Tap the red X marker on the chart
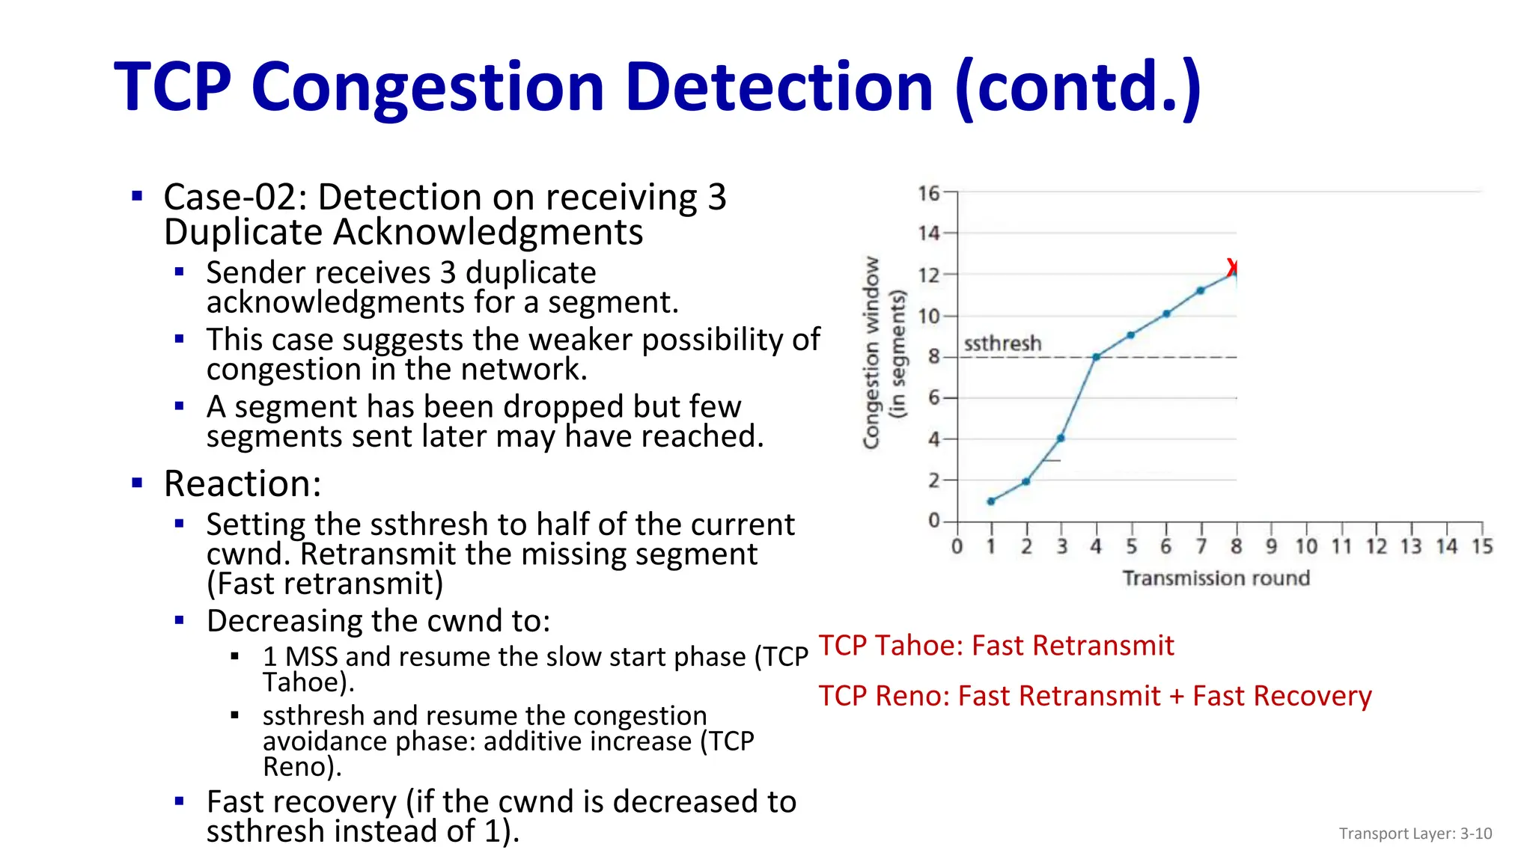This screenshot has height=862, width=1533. click(1232, 267)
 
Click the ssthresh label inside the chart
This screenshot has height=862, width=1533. click(1002, 343)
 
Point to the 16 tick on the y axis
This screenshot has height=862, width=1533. click(928, 194)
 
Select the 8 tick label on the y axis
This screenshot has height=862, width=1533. click(933, 357)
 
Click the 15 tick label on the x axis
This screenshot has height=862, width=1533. click(1481, 547)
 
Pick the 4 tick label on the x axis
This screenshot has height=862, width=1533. click(1096, 547)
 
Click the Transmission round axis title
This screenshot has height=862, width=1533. click(1216, 578)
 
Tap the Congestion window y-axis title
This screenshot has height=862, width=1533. click(871, 352)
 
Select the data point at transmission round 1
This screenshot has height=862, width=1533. click(991, 501)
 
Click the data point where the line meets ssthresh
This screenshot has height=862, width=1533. click(1096, 358)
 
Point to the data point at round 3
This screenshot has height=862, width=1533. click(1061, 438)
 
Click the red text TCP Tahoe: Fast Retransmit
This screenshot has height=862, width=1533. click(996, 645)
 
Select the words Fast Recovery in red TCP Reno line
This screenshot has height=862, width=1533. click(1281, 696)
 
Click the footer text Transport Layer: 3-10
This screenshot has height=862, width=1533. click(1415, 834)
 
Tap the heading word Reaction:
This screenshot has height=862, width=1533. click(243, 483)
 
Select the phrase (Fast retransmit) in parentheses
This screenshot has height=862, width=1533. click(325, 584)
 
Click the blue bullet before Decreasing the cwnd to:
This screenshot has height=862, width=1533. click(179, 620)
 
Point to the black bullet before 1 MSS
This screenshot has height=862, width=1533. click(235, 657)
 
